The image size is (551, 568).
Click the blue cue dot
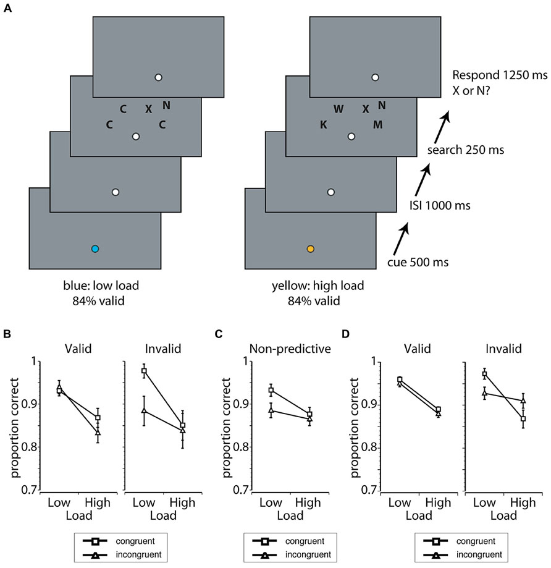pyautogui.click(x=95, y=249)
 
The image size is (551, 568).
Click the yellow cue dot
pyautogui.click(x=311, y=249)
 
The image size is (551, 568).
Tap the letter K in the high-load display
pyautogui.click(x=324, y=125)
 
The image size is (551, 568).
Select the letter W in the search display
pyautogui.click(x=339, y=109)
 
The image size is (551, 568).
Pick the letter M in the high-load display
pyautogui.click(x=378, y=125)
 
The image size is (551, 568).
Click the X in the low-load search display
pyautogui.click(x=148, y=109)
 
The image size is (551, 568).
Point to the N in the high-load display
pyautogui.click(x=382, y=105)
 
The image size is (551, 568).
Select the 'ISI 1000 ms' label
pyautogui.click(x=440, y=206)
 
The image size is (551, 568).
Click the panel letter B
pyautogui.click(x=7, y=334)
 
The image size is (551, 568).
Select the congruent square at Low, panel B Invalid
pyautogui.click(x=144, y=371)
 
